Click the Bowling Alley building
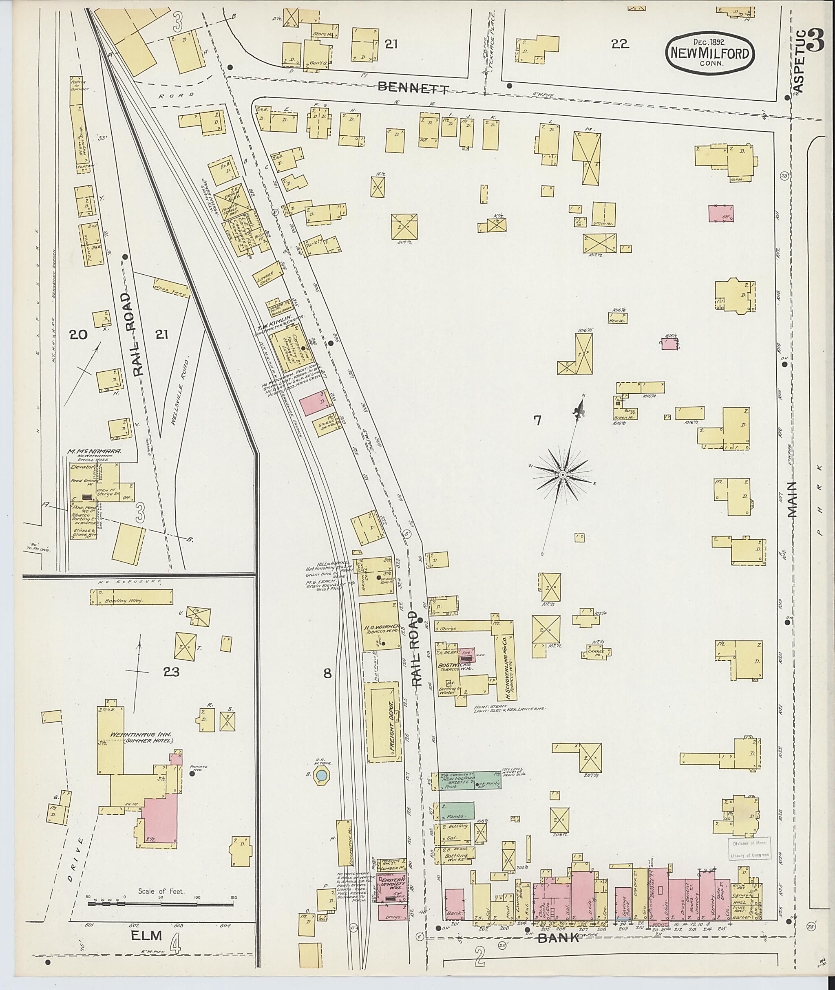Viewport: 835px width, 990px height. pyautogui.click(x=131, y=597)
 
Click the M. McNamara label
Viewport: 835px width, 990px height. pyautogui.click(x=95, y=452)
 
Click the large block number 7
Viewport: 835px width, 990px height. pyautogui.click(x=537, y=420)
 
